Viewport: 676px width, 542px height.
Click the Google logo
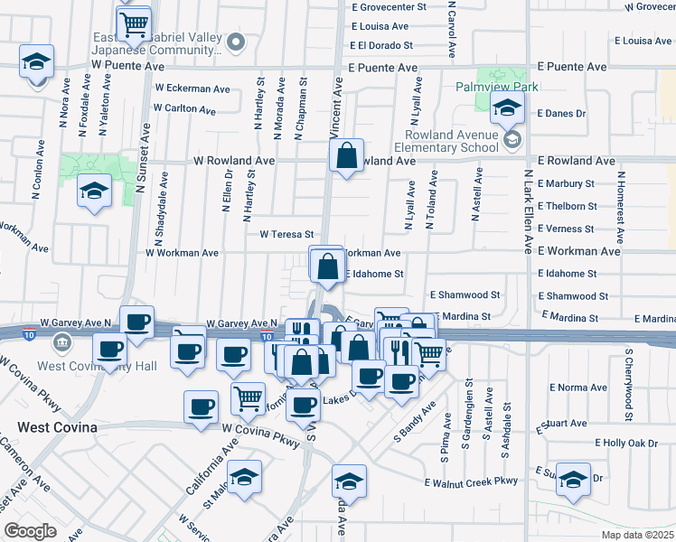[x=30, y=531]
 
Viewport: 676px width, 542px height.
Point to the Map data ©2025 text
[x=638, y=535]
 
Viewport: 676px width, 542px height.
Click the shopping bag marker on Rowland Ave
[x=346, y=157]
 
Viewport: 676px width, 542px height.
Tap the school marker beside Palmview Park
[x=508, y=109]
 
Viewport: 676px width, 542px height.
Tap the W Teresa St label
[x=286, y=233]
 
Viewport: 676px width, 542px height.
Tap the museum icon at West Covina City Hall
[x=62, y=343]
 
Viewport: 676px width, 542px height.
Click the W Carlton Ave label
[x=184, y=109]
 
